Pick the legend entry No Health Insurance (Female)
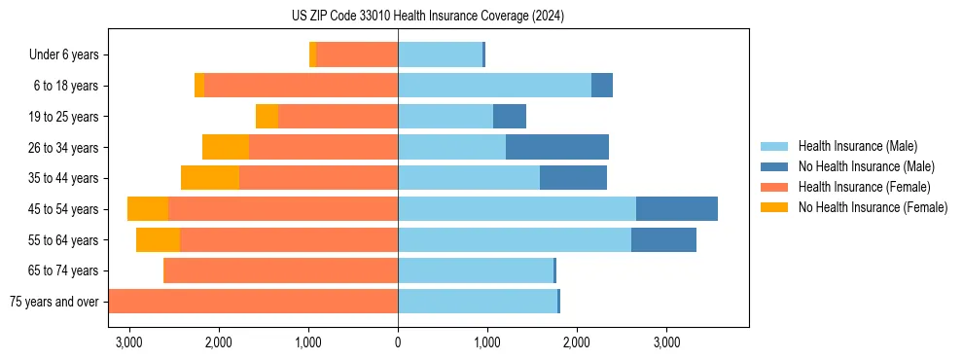point(873,207)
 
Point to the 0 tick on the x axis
point(398,342)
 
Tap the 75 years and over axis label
point(54,302)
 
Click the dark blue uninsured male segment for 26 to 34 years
point(557,148)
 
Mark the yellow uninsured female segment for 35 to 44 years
point(210,178)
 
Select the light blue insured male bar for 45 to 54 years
point(517,209)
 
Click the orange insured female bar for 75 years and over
point(253,302)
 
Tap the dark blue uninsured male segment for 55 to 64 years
point(663,240)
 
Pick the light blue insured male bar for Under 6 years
point(440,55)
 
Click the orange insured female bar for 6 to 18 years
point(302,86)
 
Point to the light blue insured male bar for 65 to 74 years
point(476,270)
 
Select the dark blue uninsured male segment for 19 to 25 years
point(510,117)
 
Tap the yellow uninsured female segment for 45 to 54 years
point(148,209)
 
